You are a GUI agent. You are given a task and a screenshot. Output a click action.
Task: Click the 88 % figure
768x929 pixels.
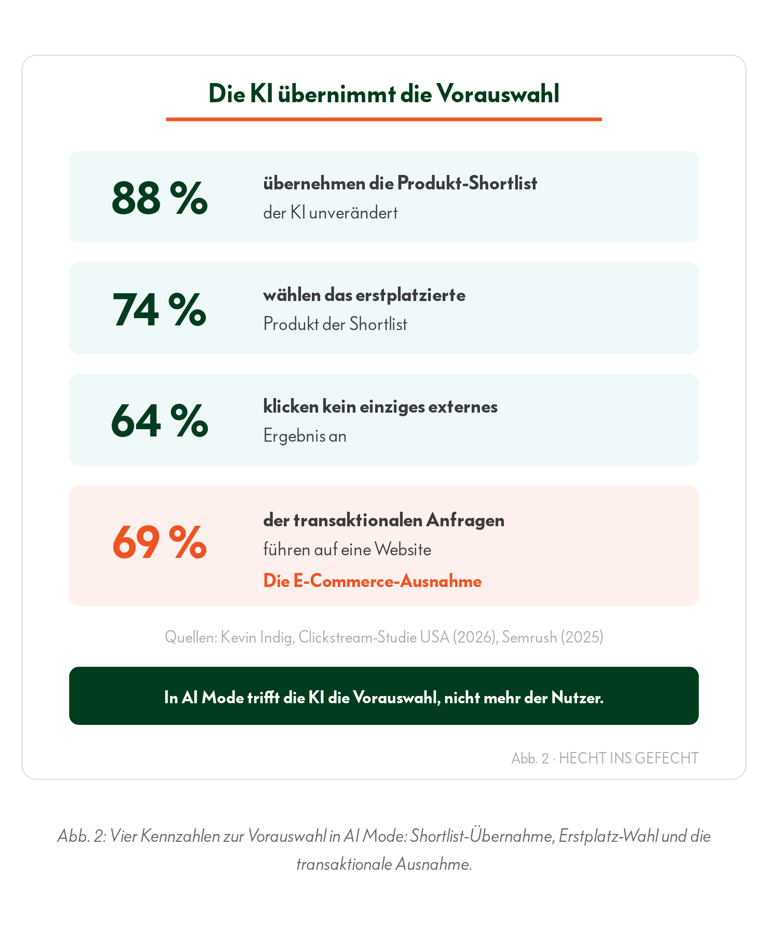pos(160,198)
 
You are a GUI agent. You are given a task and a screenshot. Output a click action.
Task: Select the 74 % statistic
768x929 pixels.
pos(160,309)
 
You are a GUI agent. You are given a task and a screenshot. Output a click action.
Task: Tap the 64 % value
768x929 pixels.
pos(160,421)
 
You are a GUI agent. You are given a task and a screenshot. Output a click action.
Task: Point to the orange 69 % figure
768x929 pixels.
pos(160,542)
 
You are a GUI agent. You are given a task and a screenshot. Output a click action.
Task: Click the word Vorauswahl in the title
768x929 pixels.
pos(498,94)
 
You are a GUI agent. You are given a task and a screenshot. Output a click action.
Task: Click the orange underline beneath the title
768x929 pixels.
pos(384,119)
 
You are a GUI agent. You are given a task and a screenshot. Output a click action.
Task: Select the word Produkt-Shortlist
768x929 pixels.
pos(467,183)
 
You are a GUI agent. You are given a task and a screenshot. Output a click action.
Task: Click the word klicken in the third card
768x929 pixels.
pos(291,406)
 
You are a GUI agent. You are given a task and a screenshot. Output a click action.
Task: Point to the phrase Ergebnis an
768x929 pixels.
pos(305,436)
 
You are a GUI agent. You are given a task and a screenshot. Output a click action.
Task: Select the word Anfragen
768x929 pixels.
pos(465,521)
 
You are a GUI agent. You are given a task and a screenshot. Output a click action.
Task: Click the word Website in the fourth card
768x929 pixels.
pos(403,550)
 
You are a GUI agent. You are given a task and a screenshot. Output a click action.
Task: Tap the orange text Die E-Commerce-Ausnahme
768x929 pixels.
pos(372,581)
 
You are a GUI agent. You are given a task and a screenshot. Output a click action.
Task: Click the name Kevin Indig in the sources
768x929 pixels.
pos(258,637)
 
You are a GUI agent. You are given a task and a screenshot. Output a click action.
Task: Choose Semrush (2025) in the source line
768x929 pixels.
pos(553,637)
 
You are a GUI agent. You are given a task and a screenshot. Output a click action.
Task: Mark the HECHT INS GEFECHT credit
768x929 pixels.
pos(629,758)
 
